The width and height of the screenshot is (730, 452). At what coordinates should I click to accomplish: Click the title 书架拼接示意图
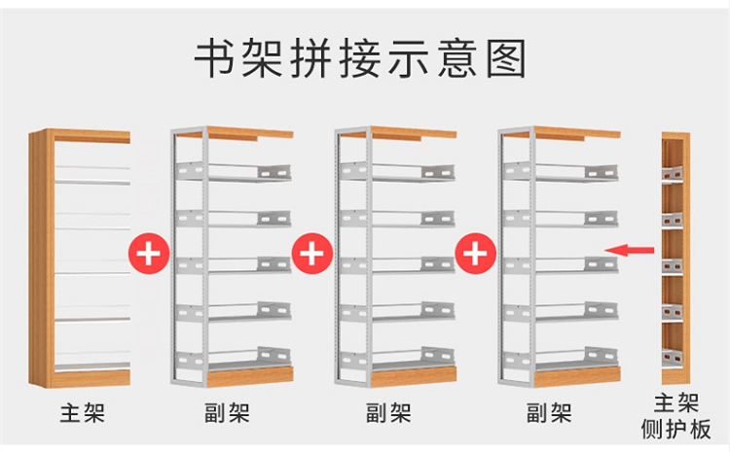pos(359,58)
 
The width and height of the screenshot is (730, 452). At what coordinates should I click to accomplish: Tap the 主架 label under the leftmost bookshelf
pos(83,413)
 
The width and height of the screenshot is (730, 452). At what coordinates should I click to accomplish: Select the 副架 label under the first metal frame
pos(227,413)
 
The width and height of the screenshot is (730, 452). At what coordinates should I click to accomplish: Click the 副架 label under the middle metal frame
pos(388,413)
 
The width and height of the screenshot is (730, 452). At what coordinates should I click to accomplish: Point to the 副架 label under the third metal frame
pos(549,413)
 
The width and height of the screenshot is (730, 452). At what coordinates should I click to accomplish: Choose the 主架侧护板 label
pos(676,416)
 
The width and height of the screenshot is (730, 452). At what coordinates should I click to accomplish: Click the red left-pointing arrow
pos(630,250)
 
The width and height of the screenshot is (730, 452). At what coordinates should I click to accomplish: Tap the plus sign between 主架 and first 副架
pos(149,254)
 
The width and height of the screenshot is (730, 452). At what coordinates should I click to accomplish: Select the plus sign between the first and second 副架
pos(312,254)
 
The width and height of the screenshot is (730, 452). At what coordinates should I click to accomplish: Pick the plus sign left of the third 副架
pos(475,254)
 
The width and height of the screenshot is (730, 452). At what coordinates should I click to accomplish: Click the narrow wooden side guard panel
pos(675,259)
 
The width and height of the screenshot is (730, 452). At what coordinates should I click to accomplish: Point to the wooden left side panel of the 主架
pos(41,259)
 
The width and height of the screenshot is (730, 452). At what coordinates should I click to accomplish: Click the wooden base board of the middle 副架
pos(414,377)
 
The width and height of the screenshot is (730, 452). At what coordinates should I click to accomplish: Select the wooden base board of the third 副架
pos(577,377)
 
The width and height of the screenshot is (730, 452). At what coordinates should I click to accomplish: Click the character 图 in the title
pos(506,58)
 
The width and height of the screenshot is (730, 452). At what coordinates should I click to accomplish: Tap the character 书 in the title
pos(213,58)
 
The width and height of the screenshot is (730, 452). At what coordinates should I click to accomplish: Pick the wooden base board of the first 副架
pos(250,377)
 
